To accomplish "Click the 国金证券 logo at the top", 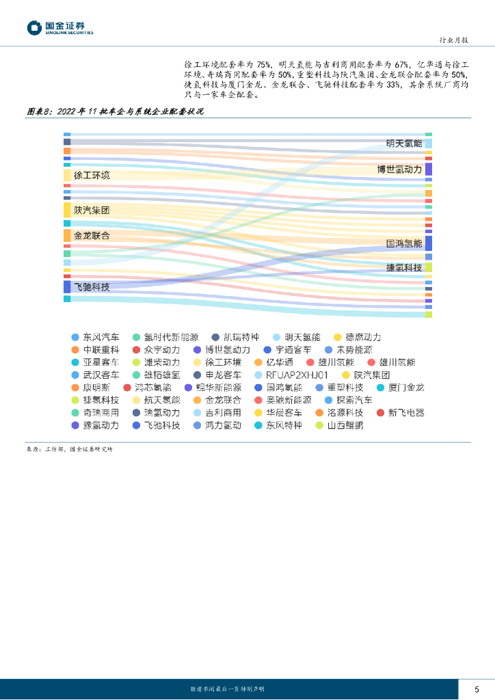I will [x=59, y=28].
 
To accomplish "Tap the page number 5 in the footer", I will [x=477, y=688].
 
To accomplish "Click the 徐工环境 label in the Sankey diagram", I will [x=92, y=176].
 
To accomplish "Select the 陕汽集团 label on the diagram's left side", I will [x=92, y=211].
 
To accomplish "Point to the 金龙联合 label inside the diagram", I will [x=92, y=235].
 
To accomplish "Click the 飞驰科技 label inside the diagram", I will [x=92, y=287].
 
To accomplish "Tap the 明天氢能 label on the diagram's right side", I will [x=404, y=144].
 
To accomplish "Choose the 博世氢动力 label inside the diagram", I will [x=400, y=169].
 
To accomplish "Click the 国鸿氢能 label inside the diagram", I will [x=404, y=243].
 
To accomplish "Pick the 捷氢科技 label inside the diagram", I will [x=404, y=267].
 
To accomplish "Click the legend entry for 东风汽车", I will [x=96, y=337].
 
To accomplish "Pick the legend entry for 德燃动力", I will [x=358, y=337].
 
